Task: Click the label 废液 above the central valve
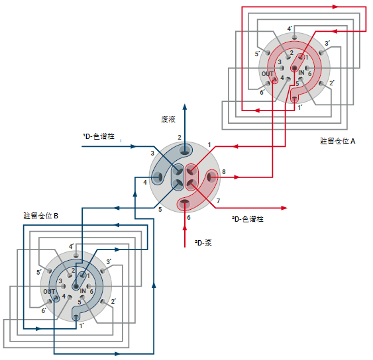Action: pos(168,119)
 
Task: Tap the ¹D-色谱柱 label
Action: pos(99,136)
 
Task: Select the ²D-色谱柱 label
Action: pos(248,219)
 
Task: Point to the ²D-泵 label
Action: pos(203,243)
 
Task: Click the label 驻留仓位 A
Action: pos(338,141)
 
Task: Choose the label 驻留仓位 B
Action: pos(40,216)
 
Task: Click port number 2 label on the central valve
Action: pos(180,138)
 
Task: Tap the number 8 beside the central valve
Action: pos(224,172)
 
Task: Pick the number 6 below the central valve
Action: pos(189,218)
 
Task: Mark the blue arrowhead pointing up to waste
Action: pos(185,107)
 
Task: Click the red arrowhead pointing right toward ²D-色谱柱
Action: pos(284,208)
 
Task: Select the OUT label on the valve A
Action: pos(268,74)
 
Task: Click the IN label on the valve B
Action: pos(83,291)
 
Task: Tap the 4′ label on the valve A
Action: pos(290,28)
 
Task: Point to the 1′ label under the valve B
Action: pos(81,326)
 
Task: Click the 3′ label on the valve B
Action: pos(109,261)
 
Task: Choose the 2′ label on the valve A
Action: pos(332,83)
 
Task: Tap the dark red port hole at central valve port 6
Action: pos(185,202)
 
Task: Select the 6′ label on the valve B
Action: pos(44,310)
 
